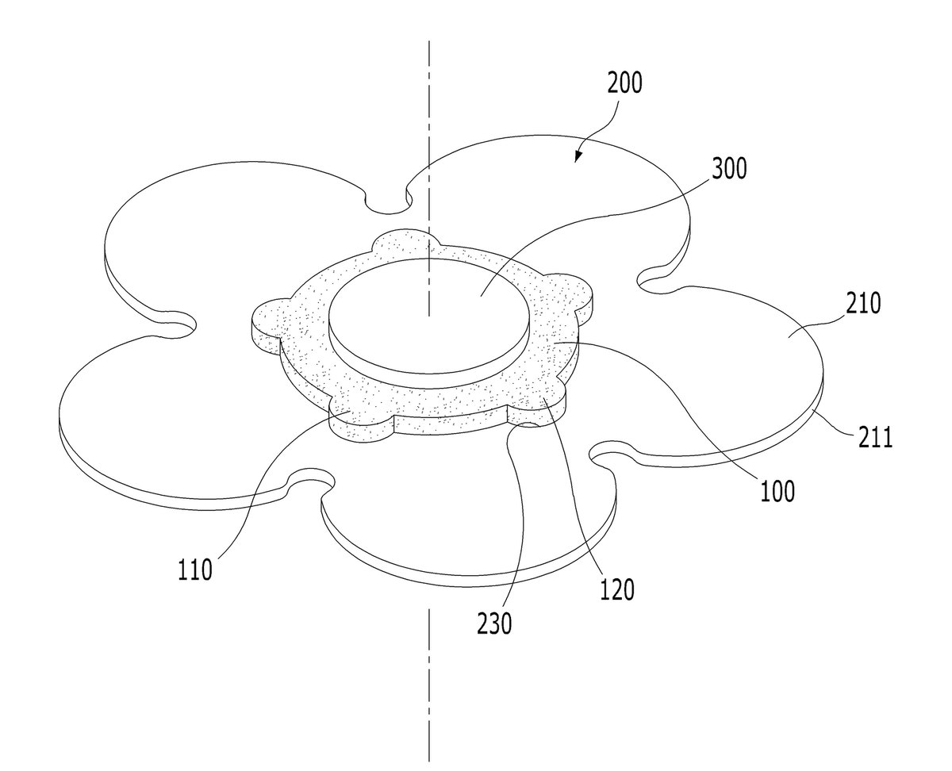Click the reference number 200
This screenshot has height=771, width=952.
[x=624, y=82]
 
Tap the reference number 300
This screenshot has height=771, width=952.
[x=728, y=168]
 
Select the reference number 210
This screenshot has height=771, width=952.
[x=862, y=303]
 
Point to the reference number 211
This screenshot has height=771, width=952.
[x=875, y=437]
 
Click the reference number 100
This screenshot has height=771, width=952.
[x=777, y=491]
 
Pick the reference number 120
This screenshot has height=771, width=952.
[x=616, y=589]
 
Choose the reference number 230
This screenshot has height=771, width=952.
[x=494, y=623]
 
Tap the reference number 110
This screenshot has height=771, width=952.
[x=195, y=570]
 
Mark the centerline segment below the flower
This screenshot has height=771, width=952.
[x=429, y=684]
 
